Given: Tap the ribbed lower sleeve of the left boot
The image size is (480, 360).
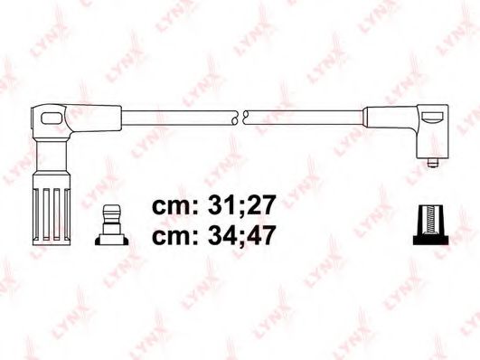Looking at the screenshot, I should [53, 203].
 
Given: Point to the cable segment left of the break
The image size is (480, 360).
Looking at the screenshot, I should [181, 117].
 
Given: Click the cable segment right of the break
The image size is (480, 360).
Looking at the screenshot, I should [303, 117].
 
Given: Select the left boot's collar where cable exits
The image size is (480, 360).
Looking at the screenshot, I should [99, 116].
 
